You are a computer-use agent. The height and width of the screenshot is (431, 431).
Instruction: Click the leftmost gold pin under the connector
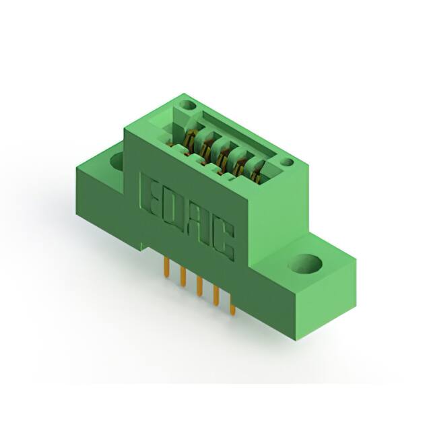166,269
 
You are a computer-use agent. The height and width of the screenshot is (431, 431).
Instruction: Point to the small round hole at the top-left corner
189,105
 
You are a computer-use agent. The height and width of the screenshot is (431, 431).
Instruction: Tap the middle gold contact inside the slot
222,156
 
